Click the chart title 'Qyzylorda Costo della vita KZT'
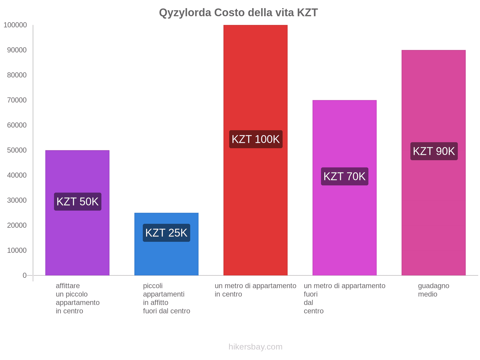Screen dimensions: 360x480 point(238,13)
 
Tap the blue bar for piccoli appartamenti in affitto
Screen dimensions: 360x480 point(166,255)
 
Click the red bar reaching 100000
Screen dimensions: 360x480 point(255,90)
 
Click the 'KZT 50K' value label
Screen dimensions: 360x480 point(78,202)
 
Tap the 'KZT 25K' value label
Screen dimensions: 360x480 point(166,233)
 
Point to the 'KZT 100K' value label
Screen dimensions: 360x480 point(256,139)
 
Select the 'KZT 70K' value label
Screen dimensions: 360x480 point(344,176)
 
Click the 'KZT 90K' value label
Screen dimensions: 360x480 point(434,151)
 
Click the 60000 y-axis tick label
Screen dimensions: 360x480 point(17,125)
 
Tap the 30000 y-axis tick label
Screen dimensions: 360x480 point(17,200)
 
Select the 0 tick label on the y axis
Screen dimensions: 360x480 point(25,275)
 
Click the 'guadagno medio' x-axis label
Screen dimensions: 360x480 point(433,290)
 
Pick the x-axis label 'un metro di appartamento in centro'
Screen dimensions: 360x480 point(255,290)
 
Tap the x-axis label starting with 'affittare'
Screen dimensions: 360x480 point(77,298)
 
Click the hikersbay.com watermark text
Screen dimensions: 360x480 point(255,347)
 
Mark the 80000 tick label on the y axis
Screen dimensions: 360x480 point(17,75)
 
